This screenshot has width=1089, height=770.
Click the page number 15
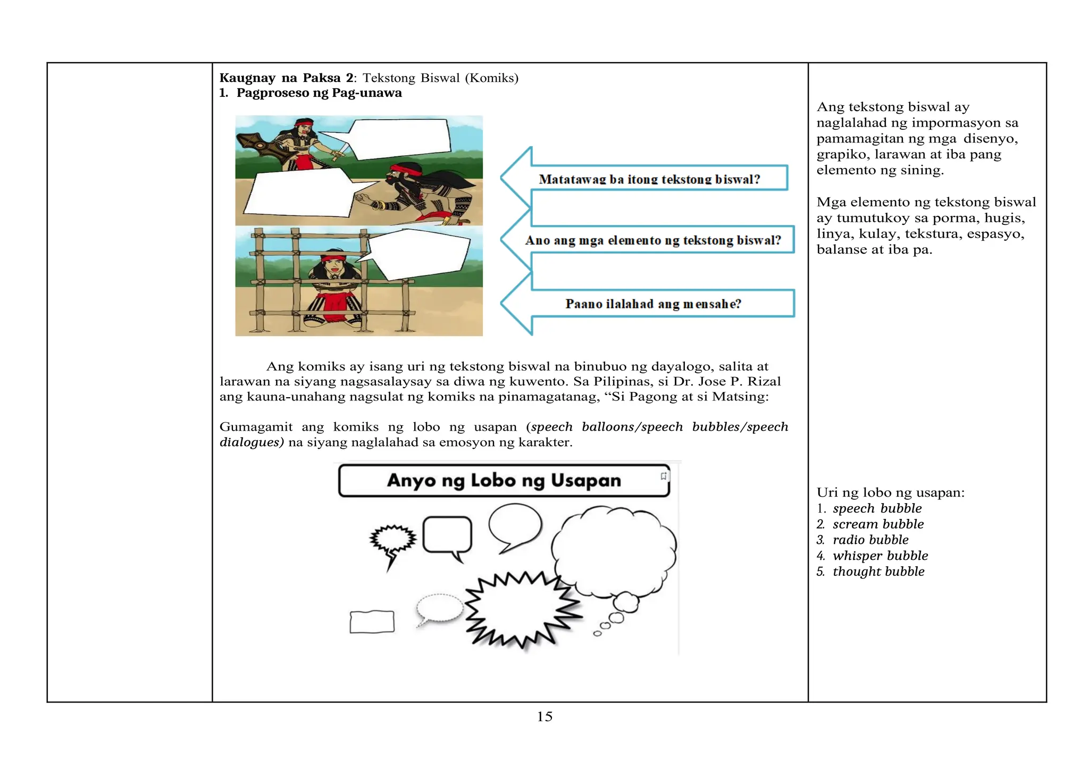[544, 717]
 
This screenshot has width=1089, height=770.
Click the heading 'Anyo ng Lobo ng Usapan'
[504, 481]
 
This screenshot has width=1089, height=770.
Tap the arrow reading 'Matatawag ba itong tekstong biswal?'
[649, 179]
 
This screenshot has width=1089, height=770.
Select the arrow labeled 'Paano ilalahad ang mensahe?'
[653, 304]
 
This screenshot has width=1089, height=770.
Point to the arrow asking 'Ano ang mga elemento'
[653, 240]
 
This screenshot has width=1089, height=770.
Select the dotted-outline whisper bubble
[439, 608]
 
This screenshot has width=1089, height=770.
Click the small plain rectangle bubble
[372, 622]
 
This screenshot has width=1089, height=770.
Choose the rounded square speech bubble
[447, 535]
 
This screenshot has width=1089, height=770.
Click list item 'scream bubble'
[878, 524]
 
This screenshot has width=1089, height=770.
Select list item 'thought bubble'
[878, 572]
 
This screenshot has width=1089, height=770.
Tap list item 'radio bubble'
[870, 540]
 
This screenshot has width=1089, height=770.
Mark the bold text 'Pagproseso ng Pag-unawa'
[319, 93]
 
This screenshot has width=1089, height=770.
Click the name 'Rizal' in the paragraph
[764, 382]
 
